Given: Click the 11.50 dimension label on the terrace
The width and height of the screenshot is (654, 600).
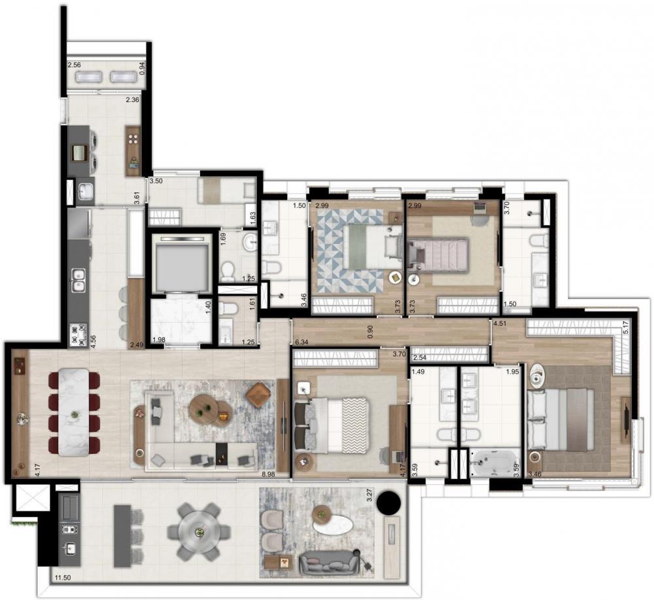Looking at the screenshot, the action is (62, 578).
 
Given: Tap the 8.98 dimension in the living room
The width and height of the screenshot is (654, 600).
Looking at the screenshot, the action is (269, 474).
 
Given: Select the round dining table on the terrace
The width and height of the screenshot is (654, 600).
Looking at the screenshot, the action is (199, 532).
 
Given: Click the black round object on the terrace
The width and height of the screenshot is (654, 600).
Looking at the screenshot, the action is (389, 503).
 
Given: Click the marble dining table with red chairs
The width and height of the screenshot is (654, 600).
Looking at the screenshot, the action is (75, 412).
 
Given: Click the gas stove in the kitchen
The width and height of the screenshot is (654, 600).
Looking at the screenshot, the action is (78, 335).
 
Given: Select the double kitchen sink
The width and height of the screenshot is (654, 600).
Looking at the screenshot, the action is (78, 280).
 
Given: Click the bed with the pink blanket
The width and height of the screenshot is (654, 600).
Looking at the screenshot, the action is (438, 255).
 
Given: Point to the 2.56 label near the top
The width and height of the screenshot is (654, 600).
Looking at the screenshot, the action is (75, 65).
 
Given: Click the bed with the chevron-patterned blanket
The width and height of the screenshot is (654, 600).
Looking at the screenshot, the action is (332, 425).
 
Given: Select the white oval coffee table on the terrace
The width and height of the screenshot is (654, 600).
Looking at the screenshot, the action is (332, 520).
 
